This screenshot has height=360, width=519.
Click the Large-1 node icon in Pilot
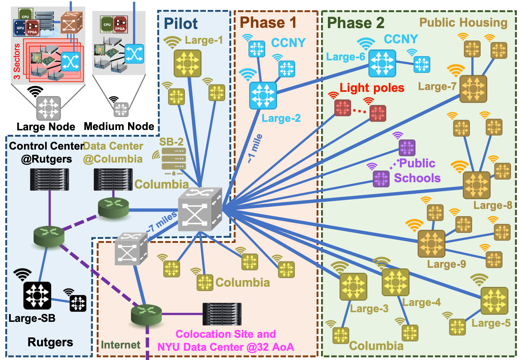[x=187, y=63]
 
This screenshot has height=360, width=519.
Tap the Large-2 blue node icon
[x=263, y=96]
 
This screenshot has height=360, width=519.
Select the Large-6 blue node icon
[x=382, y=63]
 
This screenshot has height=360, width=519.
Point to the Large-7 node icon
[x=473, y=89]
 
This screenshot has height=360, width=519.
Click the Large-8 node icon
[x=476, y=185]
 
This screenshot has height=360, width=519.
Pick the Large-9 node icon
[x=431, y=243]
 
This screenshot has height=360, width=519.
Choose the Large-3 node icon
[x=353, y=286]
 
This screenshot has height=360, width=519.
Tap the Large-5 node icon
[x=494, y=300]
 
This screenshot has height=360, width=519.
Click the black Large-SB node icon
[x=37, y=296]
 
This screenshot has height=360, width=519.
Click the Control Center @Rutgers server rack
[x=50, y=180]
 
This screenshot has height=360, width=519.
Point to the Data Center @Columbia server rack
[x=113, y=180]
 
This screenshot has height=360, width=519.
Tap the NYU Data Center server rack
[x=222, y=314]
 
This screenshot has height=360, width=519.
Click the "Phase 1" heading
[x=268, y=23]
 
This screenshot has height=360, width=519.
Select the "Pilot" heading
[x=181, y=24]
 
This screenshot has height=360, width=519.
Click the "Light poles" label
[x=372, y=88]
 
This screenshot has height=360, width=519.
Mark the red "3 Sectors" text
[x=17, y=61]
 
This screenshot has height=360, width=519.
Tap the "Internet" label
[x=121, y=345]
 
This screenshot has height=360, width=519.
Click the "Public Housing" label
[x=463, y=23]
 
